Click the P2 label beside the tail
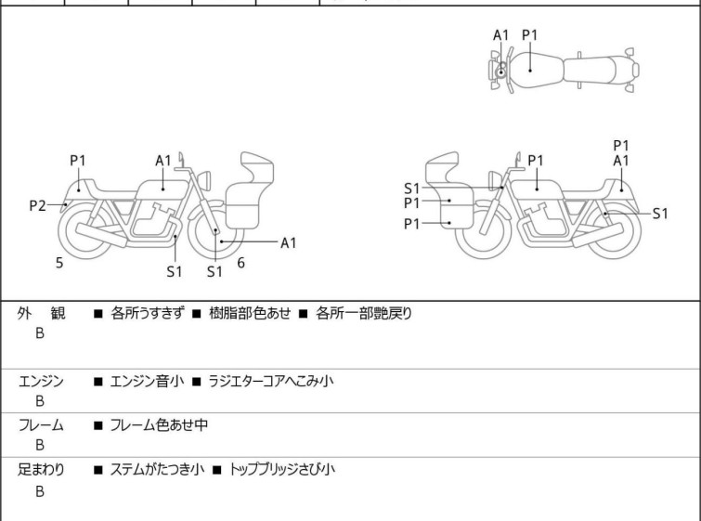[36, 205]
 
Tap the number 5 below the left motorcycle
[59, 263]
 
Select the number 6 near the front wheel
[240, 263]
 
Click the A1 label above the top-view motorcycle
[501, 35]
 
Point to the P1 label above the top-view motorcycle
[530, 35]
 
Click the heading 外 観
[42, 314]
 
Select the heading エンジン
[42, 381]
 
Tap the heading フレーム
[42, 425]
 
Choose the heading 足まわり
[42, 470]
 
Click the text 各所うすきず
[147, 314]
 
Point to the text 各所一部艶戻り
[363, 314]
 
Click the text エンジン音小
[147, 381]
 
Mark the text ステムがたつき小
[152, 470]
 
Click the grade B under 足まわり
[40, 492]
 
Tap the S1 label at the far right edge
[659, 213]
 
